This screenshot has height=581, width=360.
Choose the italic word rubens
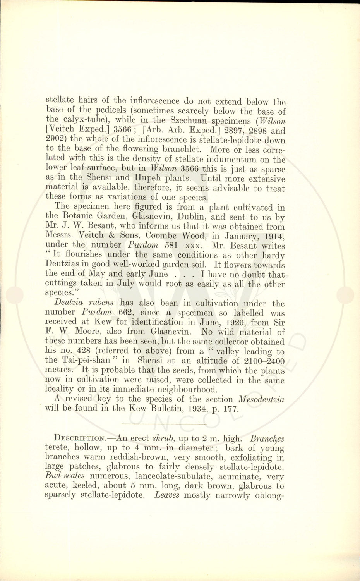101,303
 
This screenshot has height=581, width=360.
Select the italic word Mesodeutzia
261,399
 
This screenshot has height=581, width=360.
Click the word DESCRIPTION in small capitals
79,438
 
